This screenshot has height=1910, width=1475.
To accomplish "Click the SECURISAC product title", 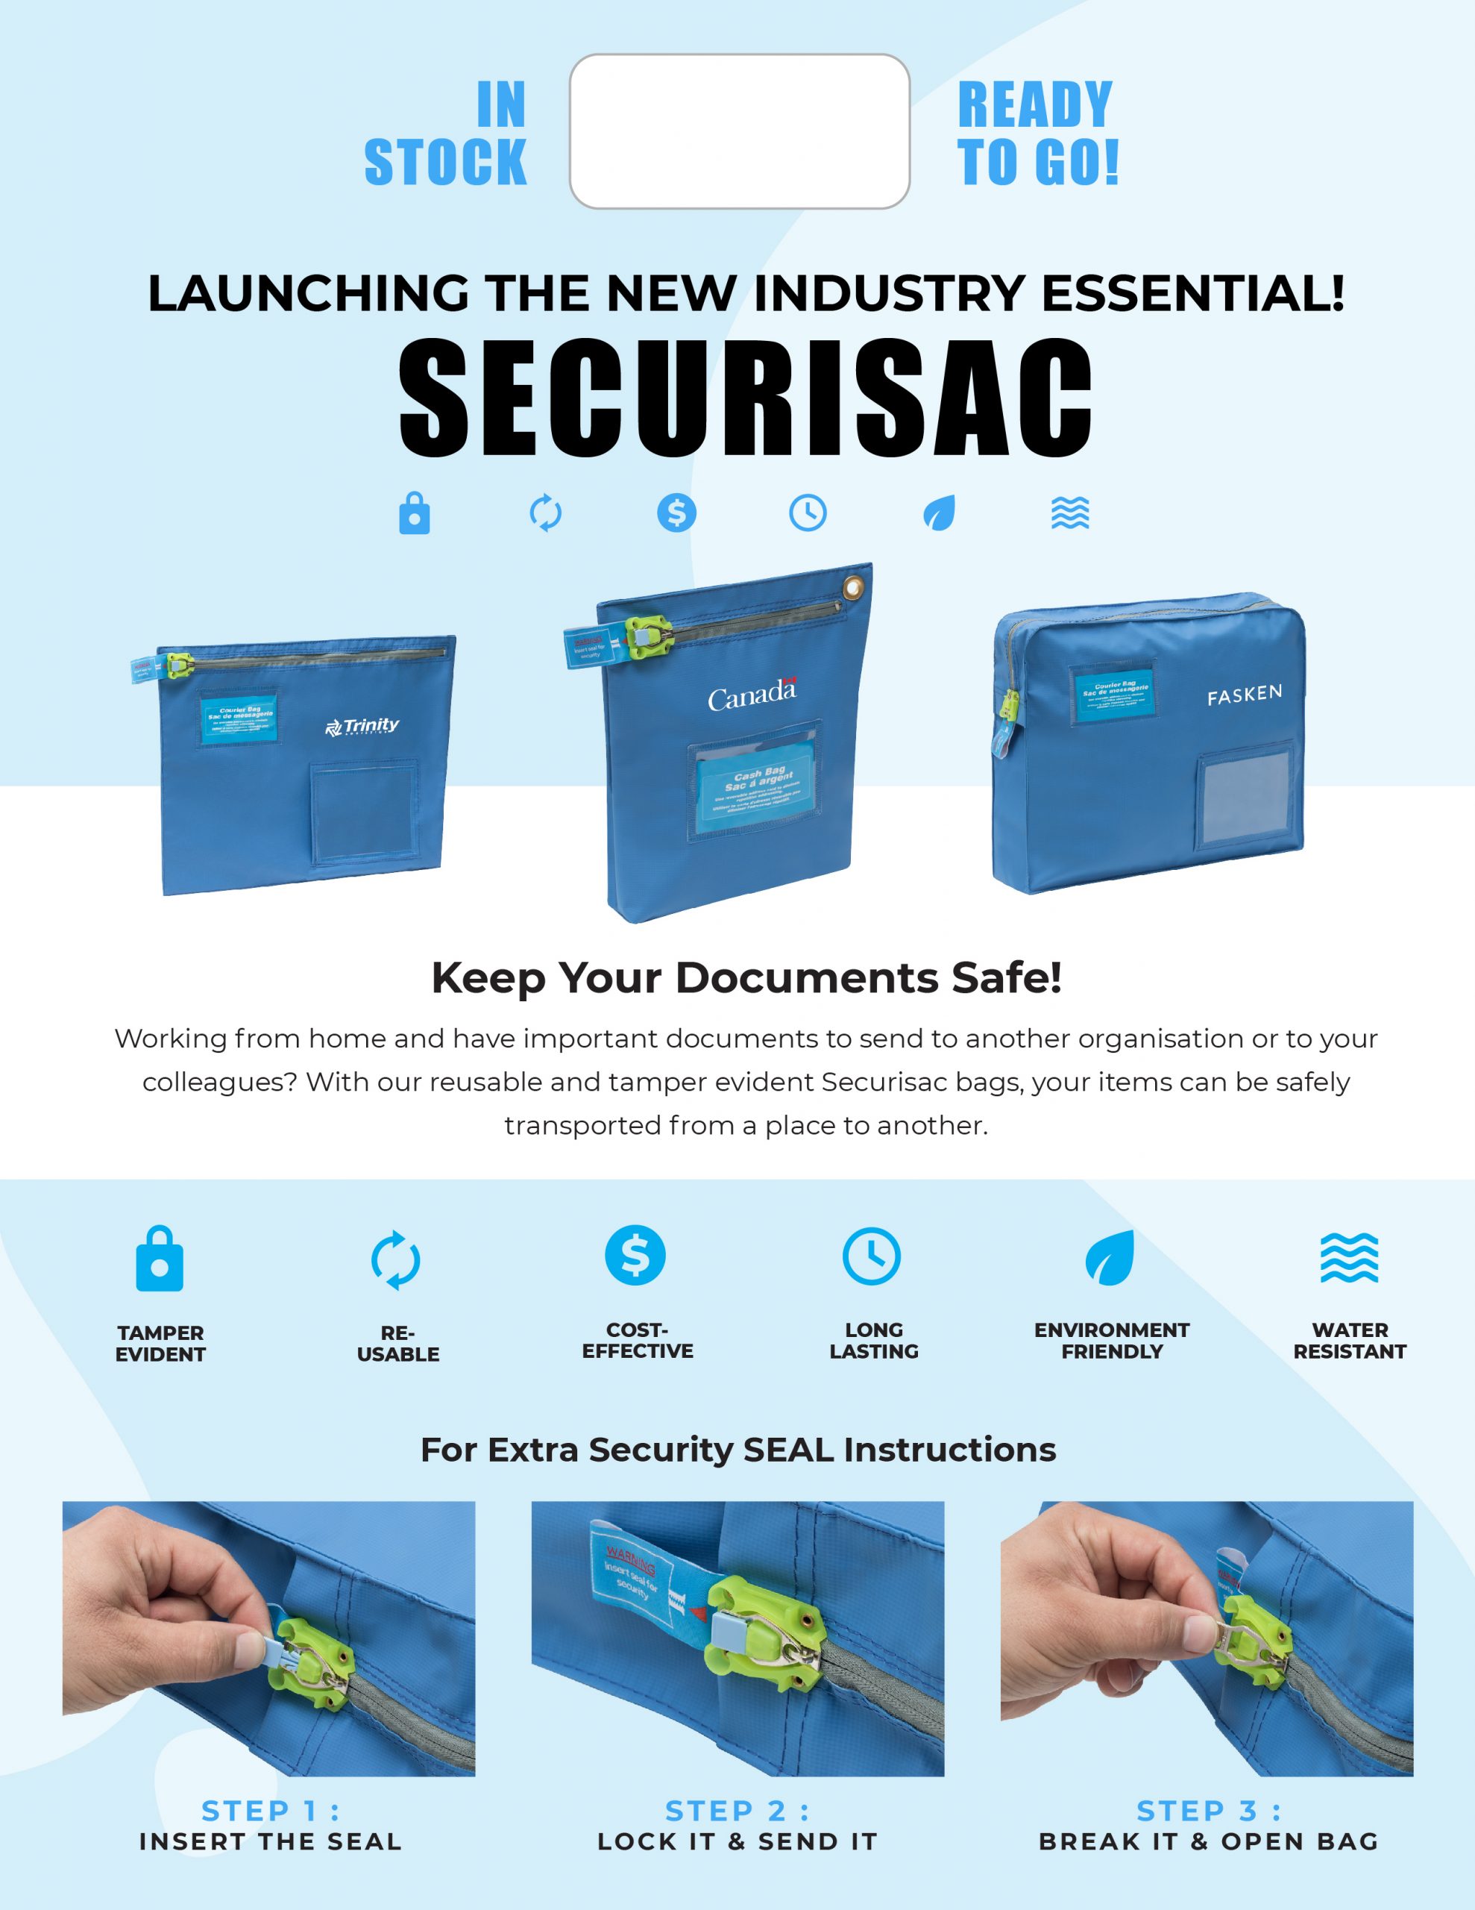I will pyautogui.click(x=745, y=398).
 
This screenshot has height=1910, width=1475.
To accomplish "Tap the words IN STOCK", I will pyautogui.click(x=446, y=133).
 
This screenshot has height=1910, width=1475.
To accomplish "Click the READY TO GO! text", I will pyautogui.click(x=1037, y=133).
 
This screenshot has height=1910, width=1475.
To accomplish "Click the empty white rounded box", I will pyautogui.click(x=740, y=131).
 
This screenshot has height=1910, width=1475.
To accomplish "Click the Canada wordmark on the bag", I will pyautogui.click(x=752, y=696).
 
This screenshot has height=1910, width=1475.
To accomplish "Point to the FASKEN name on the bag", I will pyautogui.click(x=1244, y=695).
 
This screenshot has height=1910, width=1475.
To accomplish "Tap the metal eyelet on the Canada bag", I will pyautogui.click(x=852, y=588).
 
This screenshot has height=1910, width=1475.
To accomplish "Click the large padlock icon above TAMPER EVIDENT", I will pyautogui.click(x=160, y=1259).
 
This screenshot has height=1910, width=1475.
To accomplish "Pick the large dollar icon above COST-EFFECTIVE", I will pyautogui.click(x=635, y=1255).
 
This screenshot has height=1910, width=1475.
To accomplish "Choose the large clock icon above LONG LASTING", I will pyautogui.click(x=872, y=1256).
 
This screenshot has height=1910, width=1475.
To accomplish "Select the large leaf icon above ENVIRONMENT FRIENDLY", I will pyautogui.click(x=1110, y=1258).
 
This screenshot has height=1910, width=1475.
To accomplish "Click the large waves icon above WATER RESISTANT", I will pyautogui.click(x=1349, y=1258).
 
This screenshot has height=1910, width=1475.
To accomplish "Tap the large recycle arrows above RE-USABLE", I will pyautogui.click(x=396, y=1260).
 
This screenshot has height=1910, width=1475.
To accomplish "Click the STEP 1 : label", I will pyautogui.click(x=270, y=1810).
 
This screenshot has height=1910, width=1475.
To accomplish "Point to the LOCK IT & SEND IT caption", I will pyautogui.click(x=737, y=1842).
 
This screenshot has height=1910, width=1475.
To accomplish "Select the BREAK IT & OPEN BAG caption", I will pyautogui.click(x=1208, y=1842).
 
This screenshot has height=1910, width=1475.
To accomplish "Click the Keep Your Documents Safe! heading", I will pyautogui.click(x=746, y=977).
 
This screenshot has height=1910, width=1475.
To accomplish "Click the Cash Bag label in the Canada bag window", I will pyautogui.click(x=758, y=787).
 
